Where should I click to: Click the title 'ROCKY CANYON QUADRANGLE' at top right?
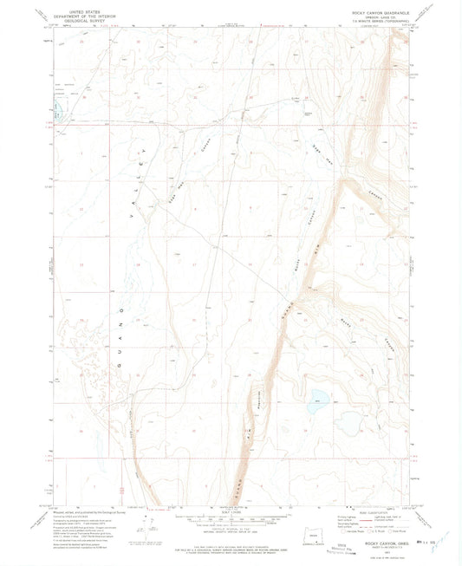point(374,10)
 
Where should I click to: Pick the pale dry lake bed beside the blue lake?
point(349,423)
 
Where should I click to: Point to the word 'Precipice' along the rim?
point(259,400)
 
